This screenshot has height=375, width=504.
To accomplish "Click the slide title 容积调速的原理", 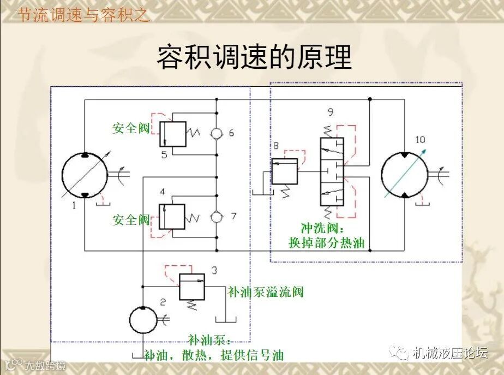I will (x=254, y=57).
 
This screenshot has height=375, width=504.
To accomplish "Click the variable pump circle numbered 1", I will (x=84, y=175).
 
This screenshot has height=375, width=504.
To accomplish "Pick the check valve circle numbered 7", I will (x=217, y=217).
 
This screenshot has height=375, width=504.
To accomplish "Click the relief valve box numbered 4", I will (x=172, y=217).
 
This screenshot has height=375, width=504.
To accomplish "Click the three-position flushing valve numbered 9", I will (x=333, y=172).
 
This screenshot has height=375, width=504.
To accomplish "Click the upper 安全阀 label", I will (x=131, y=129).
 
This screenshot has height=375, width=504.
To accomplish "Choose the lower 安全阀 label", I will (x=131, y=220).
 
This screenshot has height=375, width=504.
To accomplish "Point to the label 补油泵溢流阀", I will (x=265, y=292).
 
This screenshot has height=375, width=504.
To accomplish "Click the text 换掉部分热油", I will (x=326, y=243).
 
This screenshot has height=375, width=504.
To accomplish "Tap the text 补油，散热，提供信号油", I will (x=214, y=355).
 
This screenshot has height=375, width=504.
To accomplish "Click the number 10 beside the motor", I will (x=420, y=139).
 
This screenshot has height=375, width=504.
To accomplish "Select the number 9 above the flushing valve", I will (x=331, y=113).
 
